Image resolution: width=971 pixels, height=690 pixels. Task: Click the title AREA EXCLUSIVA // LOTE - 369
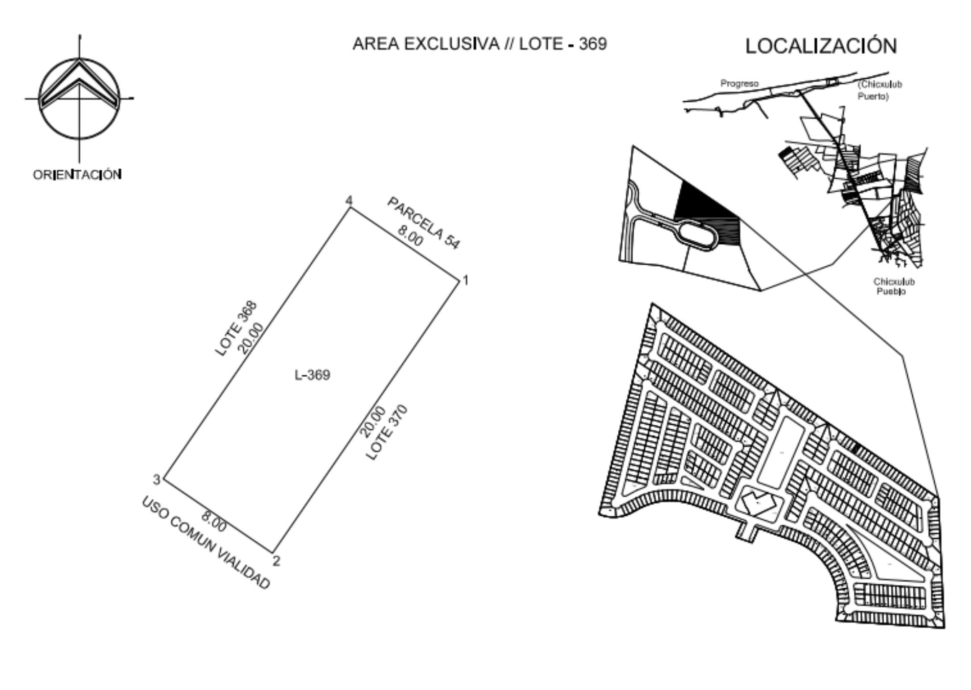479,44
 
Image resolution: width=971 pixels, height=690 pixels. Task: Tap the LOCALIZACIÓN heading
821,46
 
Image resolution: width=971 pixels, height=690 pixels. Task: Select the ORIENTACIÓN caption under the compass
77,175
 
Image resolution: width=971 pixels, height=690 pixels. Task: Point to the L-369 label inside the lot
313,375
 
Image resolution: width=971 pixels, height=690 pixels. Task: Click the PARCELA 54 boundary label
424,223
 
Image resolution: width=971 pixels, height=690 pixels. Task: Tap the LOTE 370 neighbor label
387,432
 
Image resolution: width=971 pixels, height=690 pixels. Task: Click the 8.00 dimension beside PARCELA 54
410,236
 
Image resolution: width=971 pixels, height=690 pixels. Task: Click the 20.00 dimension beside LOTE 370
372,422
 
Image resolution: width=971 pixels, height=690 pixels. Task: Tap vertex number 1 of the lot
466,280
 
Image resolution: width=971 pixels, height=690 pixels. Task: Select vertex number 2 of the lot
276,561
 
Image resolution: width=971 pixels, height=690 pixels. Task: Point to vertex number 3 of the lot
157,479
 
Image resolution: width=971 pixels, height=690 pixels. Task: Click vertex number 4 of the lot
349,200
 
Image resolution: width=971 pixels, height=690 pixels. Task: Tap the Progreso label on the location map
739,83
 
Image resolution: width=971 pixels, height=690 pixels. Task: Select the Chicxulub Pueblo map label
894,286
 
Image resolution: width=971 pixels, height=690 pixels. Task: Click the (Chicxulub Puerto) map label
880,90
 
